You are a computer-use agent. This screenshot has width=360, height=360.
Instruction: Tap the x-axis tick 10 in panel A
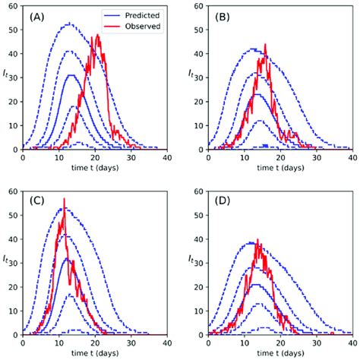pos(59,158)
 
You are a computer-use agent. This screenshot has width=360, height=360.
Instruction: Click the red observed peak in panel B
pos(265,45)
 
